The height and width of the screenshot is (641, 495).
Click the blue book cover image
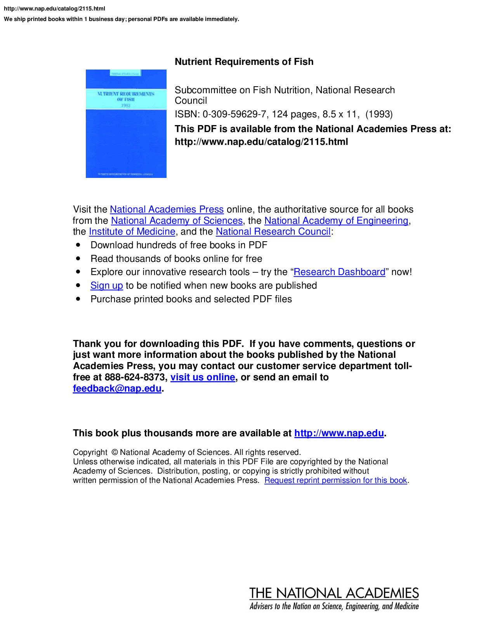point(126,124)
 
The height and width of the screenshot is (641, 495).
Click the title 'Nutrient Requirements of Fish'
point(244,62)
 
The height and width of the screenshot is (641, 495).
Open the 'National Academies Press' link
point(167,209)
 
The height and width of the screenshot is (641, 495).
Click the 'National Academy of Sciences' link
point(177,221)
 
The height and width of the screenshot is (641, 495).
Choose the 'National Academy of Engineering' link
point(336,221)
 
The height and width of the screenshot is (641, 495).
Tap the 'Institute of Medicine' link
point(132,232)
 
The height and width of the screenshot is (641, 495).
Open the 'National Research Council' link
point(273,232)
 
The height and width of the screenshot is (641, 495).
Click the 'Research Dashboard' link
point(339,272)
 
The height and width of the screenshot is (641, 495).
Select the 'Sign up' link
point(107,286)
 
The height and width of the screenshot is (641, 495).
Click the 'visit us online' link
point(203,377)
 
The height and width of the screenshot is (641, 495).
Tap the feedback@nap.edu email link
point(117,388)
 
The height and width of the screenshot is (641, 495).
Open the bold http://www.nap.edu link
point(339,433)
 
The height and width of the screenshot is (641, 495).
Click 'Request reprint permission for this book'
point(335,480)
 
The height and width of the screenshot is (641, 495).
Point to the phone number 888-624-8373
point(135,377)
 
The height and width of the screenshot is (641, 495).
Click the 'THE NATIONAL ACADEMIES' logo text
point(334,593)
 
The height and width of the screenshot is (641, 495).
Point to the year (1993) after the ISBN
point(379,114)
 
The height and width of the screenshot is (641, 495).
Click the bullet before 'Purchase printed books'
point(78,299)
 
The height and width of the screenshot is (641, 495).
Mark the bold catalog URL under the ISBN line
point(261,142)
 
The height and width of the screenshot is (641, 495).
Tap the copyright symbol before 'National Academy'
point(115,452)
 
